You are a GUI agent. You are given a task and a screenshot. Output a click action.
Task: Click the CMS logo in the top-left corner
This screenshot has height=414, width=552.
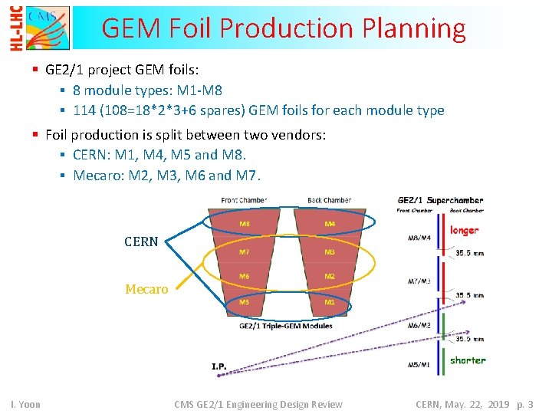pos(48,28)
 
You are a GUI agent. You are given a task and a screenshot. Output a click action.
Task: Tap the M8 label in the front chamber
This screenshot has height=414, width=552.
pos(245,224)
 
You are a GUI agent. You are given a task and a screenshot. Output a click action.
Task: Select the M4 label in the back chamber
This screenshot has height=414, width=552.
pos(330,224)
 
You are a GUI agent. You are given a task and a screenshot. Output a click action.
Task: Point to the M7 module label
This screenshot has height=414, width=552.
pos(245,251)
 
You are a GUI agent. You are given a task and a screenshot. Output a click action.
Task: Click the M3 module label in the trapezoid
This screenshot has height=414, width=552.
pos(330,251)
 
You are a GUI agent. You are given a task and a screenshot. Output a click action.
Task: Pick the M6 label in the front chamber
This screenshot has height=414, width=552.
pos(245,276)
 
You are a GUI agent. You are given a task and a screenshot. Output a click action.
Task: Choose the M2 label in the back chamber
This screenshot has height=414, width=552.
pos(330,276)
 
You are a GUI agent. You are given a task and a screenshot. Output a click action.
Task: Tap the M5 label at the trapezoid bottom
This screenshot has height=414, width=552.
pos(245,302)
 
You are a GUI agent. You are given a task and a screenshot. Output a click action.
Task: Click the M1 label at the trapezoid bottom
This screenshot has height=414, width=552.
pos(330,302)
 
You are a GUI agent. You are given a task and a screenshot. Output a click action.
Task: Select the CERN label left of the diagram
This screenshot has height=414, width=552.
pos(141,242)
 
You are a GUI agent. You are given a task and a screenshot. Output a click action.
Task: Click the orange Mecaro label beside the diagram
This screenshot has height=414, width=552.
pos(146,289)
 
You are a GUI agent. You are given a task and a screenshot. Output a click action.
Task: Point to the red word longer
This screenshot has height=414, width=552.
pos(465,229)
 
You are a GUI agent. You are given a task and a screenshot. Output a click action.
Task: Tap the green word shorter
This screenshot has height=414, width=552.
pos(468,360)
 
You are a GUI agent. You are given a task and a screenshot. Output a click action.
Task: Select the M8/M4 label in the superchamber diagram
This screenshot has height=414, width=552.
pos(419,238)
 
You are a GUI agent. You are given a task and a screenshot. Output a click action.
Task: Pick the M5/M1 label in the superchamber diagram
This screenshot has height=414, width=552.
pos(419,363)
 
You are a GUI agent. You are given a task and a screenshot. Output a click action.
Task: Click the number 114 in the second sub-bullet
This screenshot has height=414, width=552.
pos(86,110)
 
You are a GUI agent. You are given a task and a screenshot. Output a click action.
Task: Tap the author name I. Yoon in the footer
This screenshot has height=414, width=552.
pos(26,404)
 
